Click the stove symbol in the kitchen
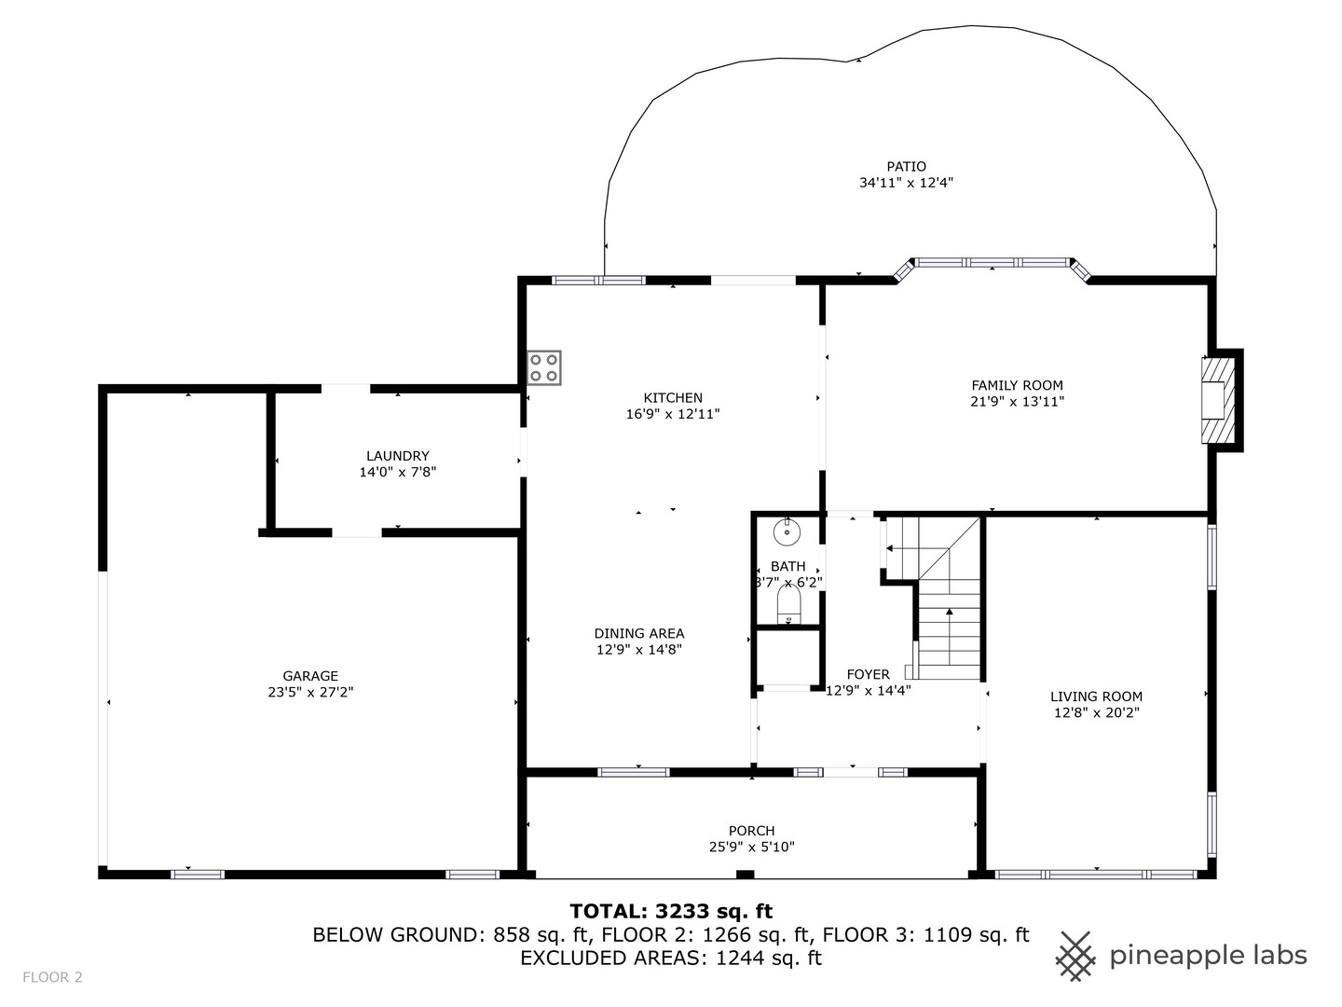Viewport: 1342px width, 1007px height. tap(544, 367)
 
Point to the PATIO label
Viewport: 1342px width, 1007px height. tap(906, 167)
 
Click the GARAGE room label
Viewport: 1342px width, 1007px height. tap(310, 676)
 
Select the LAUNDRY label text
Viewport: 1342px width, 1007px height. tap(397, 456)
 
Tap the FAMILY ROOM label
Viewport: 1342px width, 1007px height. tap(1017, 385)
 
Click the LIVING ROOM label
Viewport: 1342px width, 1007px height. tap(1096, 697)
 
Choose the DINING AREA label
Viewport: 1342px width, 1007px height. tap(639, 633)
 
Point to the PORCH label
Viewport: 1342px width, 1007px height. tap(751, 831)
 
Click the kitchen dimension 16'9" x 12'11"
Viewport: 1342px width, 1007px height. tap(673, 414)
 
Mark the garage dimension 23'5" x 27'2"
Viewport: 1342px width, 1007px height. tap(310, 693)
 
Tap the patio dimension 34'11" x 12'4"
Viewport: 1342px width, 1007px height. tap(906, 184)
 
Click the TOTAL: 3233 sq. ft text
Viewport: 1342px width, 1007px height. tap(671, 911)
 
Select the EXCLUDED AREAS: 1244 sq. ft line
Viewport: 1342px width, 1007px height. tap(671, 958)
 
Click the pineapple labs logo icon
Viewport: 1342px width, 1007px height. tap(1076, 956)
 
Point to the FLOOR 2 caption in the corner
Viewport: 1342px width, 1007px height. tap(52, 977)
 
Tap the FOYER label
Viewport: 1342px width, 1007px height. tap(868, 674)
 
